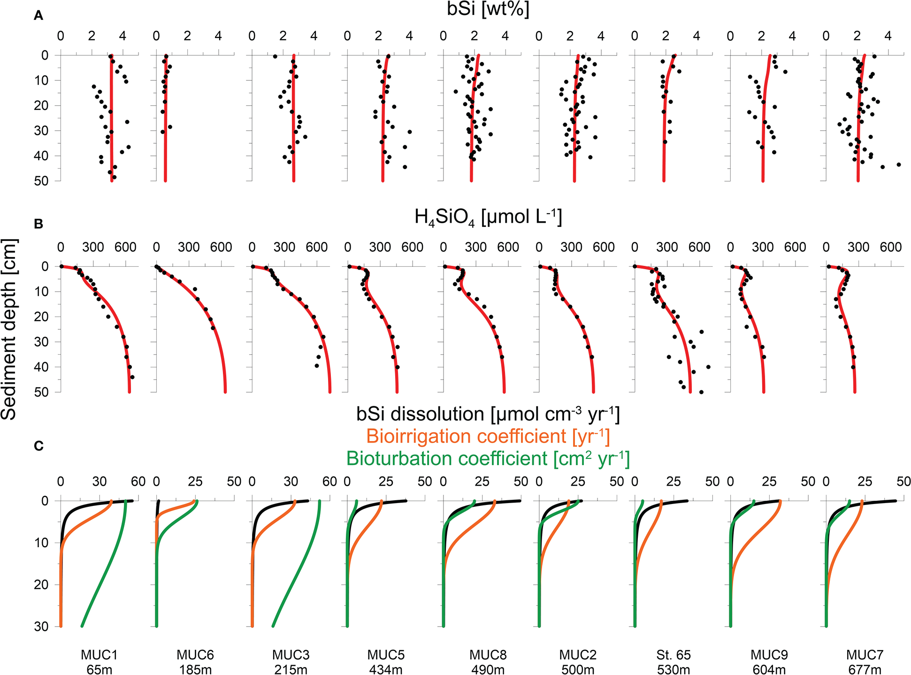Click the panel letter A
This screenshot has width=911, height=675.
[x=38, y=16]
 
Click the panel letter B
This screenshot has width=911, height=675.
[x=38, y=224]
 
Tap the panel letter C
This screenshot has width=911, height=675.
[x=38, y=446]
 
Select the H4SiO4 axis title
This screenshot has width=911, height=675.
[x=488, y=217]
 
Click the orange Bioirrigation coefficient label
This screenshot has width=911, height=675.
[x=488, y=436]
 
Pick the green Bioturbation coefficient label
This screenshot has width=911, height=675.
[x=488, y=458]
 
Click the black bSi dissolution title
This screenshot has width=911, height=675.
[x=488, y=414]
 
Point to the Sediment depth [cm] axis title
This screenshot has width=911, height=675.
[x=9, y=329]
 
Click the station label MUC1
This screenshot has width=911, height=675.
[x=99, y=655]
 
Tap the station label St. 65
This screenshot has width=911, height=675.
[x=674, y=655]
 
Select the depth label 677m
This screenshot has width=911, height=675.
[x=865, y=669]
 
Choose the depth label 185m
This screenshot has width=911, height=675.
[x=195, y=669]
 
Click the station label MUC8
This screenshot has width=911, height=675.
[x=488, y=655]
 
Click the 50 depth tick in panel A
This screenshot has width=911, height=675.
[x=41, y=181]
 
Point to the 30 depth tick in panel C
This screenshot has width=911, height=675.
[x=41, y=626]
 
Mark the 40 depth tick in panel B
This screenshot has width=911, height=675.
[x=41, y=367]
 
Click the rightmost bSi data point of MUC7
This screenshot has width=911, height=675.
[x=898, y=164]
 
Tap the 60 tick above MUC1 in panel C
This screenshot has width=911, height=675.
[x=138, y=481]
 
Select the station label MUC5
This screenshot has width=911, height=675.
[x=386, y=655]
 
